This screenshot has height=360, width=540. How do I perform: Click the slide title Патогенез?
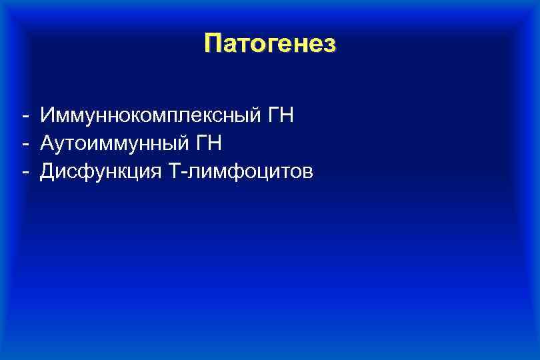[270, 43]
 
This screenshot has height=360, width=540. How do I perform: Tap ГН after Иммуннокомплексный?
[280, 116]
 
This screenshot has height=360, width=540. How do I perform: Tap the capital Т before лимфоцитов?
[175, 171]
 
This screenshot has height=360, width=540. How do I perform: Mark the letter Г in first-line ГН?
[273, 116]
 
